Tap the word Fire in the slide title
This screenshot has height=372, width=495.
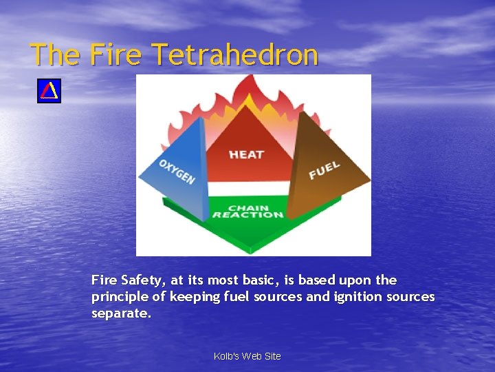(x=115, y=54)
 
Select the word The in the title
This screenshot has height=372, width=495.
(x=55, y=54)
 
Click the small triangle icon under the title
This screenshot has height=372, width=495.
(x=49, y=91)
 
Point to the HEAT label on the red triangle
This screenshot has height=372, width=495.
(x=247, y=154)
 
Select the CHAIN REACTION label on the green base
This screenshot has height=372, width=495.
(x=247, y=211)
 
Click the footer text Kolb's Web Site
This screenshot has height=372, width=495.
(x=247, y=356)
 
